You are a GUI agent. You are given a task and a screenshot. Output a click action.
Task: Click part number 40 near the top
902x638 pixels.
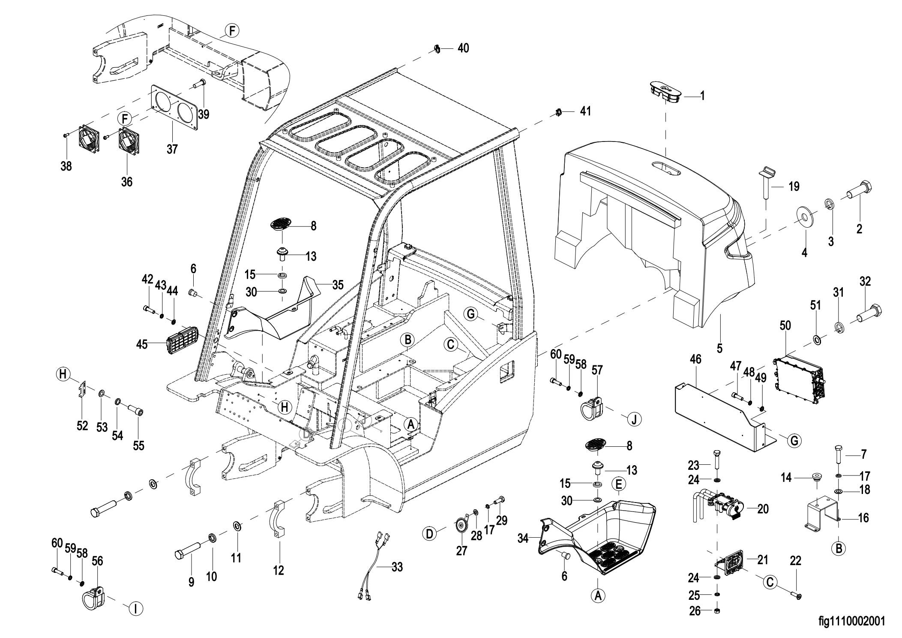[463, 48]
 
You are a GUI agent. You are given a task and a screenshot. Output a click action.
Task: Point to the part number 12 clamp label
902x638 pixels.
[279, 570]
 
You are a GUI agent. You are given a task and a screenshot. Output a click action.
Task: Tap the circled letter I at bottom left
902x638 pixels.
[135, 609]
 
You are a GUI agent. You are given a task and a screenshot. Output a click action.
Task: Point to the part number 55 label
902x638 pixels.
[138, 445]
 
